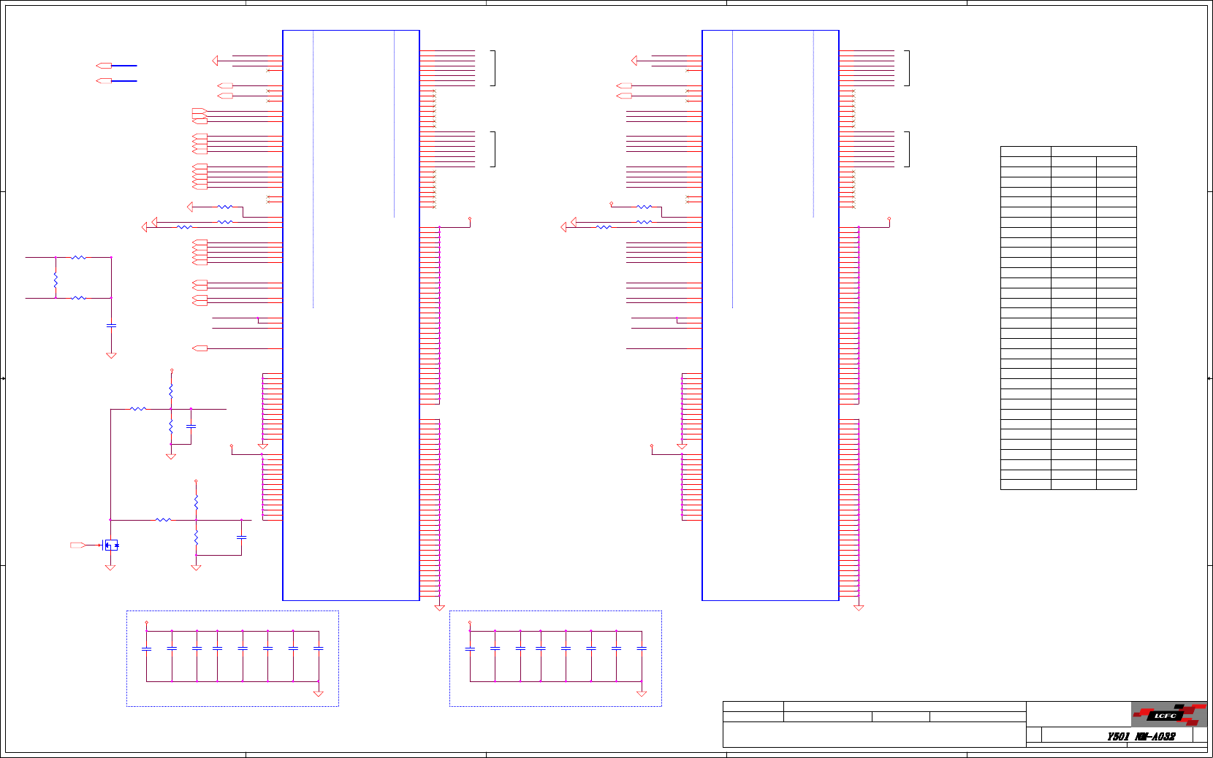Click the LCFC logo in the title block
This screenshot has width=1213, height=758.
point(1168,714)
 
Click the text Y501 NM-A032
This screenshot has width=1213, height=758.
point(1141,737)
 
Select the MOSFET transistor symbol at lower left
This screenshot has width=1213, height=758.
point(110,545)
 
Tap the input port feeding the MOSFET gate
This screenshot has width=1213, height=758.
point(77,545)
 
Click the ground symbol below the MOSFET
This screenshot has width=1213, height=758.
point(110,567)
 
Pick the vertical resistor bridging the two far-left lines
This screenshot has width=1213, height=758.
point(56,278)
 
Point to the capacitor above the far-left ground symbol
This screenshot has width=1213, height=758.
point(111,325)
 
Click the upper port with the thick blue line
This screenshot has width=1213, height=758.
point(104,66)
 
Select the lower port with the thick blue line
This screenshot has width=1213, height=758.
point(104,80)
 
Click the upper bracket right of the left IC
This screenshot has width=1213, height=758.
point(495,68)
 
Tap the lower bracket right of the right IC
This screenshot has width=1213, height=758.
point(908,149)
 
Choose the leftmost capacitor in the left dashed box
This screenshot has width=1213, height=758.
point(147,648)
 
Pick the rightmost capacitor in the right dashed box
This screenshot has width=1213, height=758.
point(642,648)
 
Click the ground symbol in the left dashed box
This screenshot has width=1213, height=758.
point(318,693)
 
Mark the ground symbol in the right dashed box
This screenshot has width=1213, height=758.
point(642,693)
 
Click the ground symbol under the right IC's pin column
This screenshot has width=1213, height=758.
point(859,608)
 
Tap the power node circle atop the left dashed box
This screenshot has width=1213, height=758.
point(147,623)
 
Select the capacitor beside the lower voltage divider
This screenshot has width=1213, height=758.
point(242,537)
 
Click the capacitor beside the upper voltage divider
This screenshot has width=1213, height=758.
point(191,426)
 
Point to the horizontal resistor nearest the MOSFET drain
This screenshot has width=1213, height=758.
point(163,520)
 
